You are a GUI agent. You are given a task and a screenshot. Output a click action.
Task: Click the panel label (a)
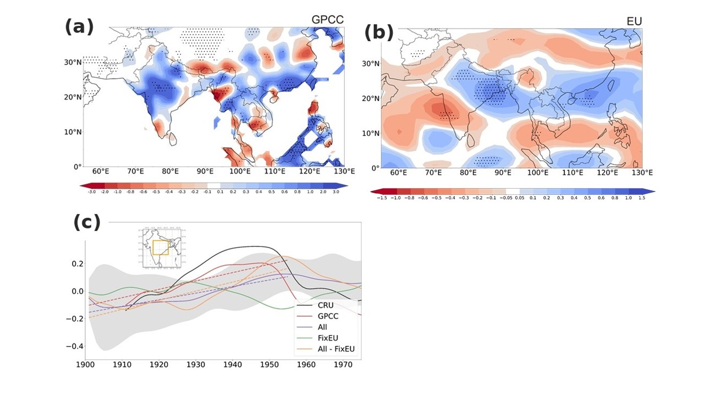(x=79, y=26)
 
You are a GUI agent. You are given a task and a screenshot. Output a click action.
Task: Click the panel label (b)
(x=379, y=33)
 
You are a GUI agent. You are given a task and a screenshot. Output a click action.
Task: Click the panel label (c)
(x=87, y=222)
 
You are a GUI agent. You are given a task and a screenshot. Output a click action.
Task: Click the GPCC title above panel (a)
(x=327, y=20)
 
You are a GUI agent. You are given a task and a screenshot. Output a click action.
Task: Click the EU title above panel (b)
(x=634, y=21)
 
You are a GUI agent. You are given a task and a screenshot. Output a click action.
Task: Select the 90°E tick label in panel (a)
(x=205, y=172)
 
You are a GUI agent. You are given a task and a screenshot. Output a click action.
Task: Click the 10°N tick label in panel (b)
(x=372, y=133)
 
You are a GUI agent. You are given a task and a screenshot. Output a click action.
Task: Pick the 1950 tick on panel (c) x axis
(x=269, y=364)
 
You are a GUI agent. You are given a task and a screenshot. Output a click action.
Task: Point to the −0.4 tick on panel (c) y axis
(x=72, y=346)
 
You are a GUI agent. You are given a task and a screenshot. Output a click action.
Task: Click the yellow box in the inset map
(x=161, y=248)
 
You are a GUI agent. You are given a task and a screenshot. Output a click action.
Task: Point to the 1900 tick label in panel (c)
(x=85, y=364)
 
